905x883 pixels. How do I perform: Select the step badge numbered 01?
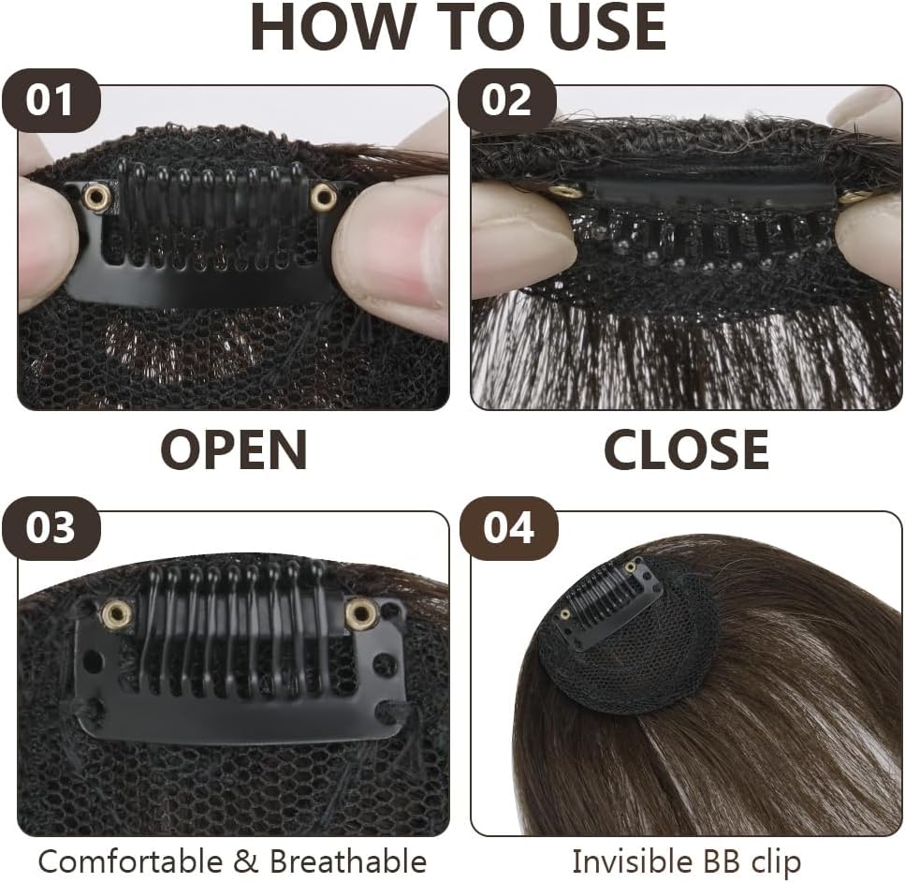51,100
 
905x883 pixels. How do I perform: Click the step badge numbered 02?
506,100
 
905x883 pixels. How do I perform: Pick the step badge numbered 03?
51,527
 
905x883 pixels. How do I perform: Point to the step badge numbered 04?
508,527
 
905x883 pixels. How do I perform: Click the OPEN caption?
233,449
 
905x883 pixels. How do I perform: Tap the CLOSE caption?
686,449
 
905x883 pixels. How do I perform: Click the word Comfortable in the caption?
130,861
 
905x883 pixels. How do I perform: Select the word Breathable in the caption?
348,861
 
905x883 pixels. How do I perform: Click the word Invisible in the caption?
632,861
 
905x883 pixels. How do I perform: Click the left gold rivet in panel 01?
96,199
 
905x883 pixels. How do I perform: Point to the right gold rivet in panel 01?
322,198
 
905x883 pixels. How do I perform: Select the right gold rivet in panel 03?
361,612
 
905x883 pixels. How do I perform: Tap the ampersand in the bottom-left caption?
246,861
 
